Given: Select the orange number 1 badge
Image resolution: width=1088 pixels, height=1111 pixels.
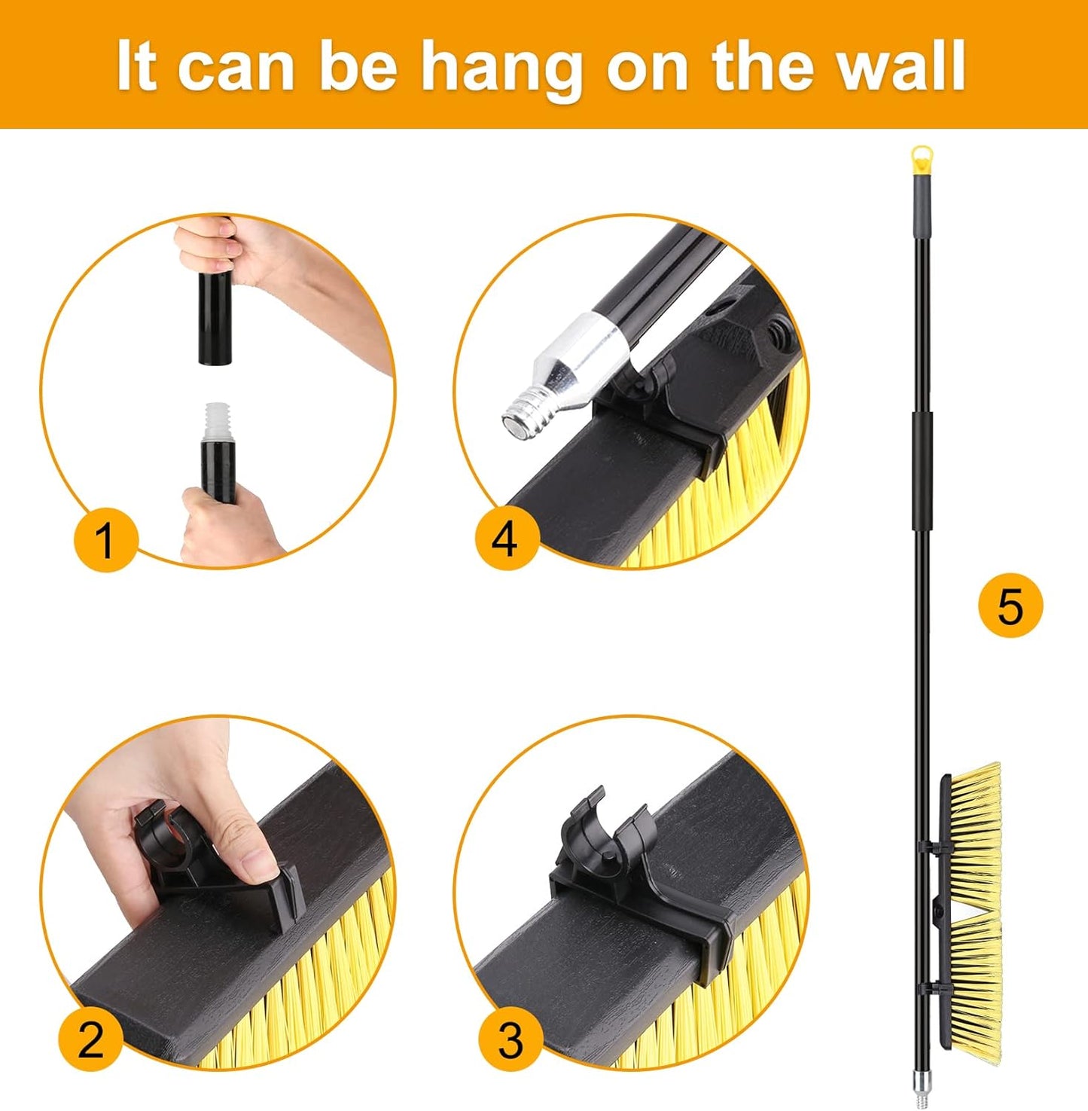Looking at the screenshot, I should pyautogui.click(x=105, y=539).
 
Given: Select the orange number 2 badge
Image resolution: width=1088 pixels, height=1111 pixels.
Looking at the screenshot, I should pyautogui.click(x=90, y=1039).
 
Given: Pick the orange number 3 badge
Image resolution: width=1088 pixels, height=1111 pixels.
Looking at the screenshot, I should pyautogui.click(x=510, y=1039).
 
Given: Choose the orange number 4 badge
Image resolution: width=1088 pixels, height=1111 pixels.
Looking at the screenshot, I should pyautogui.click(x=507, y=539).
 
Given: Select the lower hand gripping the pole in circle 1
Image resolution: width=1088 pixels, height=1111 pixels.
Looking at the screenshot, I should pyautogui.click(x=218, y=527).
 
